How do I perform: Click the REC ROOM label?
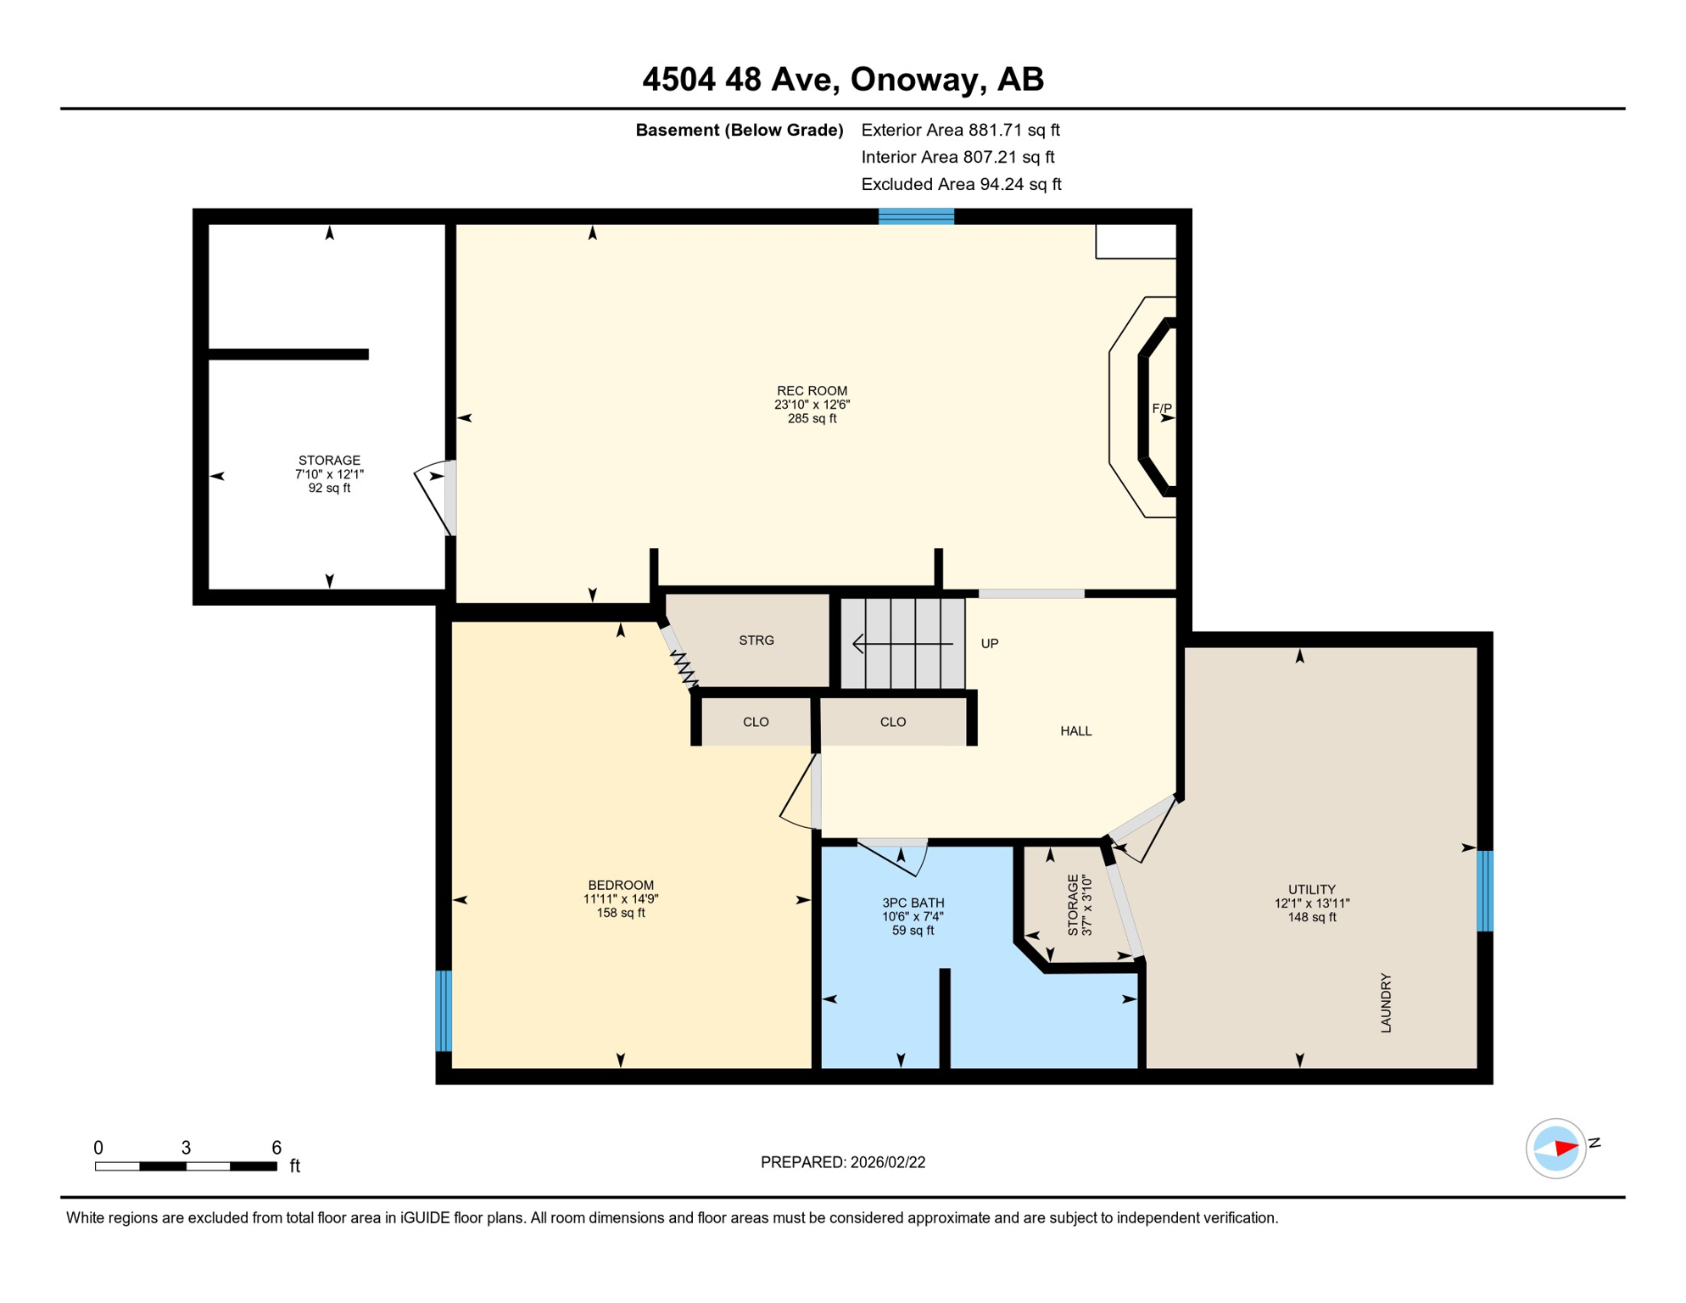tap(812, 391)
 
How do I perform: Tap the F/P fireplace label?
tap(1161, 409)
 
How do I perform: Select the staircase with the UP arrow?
tap(902, 644)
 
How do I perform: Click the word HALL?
tap(1075, 731)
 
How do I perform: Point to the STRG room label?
tap(756, 640)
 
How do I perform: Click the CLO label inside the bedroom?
tap(756, 722)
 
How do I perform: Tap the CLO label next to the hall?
tap(892, 722)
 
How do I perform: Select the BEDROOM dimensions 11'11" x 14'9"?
tap(620, 899)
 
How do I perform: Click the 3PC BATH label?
tap(913, 903)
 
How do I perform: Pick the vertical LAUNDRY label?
tap(1386, 1003)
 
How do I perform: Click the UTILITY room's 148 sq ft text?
tap(1311, 917)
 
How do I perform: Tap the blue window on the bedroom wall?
tap(444, 1011)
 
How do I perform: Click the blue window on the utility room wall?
tap(1484, 891)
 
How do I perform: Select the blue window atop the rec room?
tap(916, 216)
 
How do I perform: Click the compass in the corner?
tap(1555, 1149)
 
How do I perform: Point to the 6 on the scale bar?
tap(276, 1148)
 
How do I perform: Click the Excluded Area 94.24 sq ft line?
tap(960, 184)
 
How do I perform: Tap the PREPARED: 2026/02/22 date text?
tap(842, 1162)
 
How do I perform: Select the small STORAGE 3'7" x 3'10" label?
tap(1079, 904)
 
